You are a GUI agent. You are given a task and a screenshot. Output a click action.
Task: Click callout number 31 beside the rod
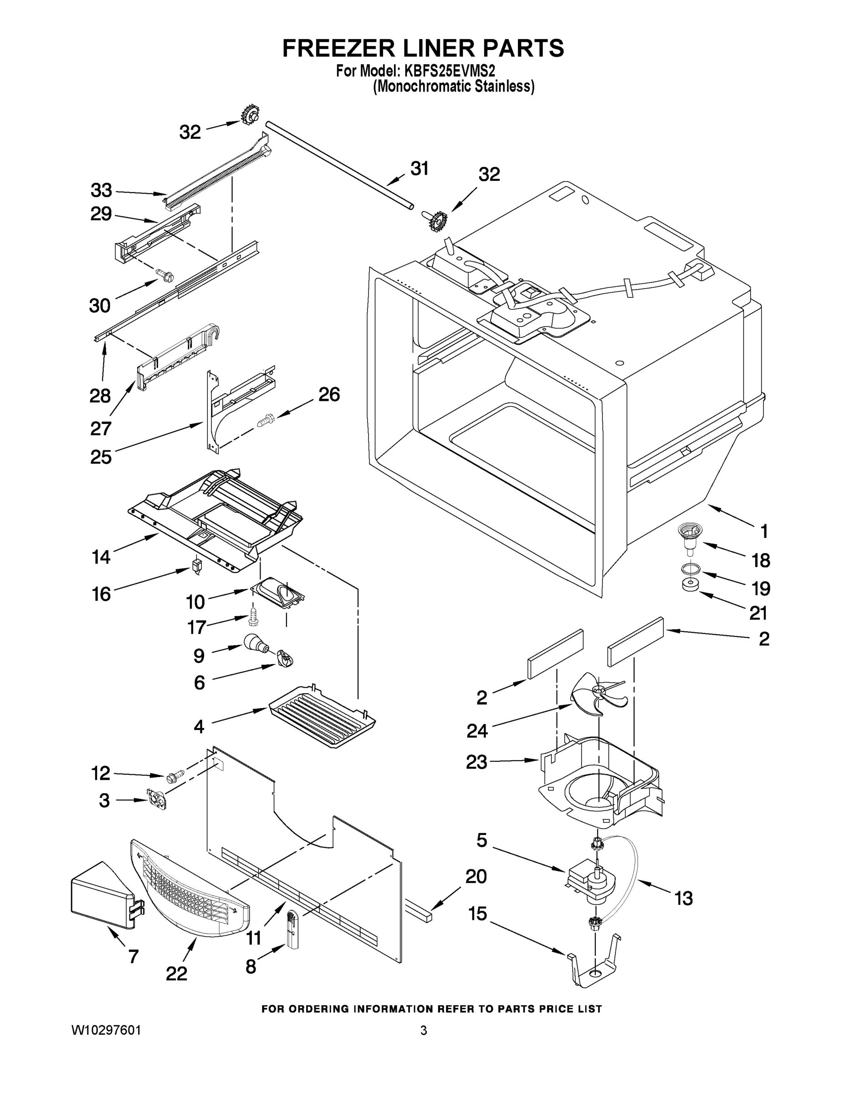click(x=420, y=169)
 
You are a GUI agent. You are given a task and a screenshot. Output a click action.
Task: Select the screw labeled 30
click(x=165, y=274)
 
